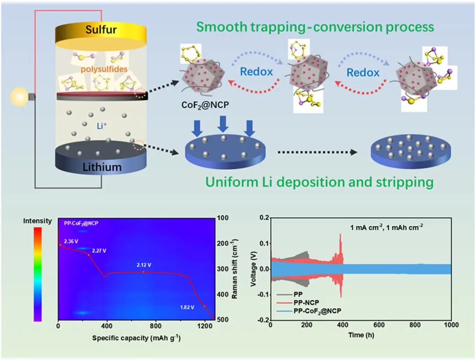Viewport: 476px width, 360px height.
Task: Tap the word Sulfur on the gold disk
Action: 101,30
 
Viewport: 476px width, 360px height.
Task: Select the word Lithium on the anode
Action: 102,167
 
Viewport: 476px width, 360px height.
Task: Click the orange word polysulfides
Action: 104,69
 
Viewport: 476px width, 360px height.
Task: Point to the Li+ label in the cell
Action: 102,125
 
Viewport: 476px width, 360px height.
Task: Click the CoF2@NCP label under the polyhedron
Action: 205,105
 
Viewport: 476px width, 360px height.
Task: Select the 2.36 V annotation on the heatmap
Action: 71,241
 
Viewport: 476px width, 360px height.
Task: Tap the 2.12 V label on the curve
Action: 144,265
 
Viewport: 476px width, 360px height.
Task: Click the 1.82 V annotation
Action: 187,307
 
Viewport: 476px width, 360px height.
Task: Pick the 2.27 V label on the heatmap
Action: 99,251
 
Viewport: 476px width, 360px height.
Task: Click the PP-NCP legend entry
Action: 306,303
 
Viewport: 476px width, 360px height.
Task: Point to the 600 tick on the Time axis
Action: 379,325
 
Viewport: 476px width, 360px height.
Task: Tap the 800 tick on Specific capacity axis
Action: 156,326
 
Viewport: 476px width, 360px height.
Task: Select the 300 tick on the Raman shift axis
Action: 223,269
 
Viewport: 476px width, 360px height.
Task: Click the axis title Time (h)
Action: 361,335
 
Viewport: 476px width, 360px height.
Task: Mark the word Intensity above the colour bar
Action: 37,221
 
